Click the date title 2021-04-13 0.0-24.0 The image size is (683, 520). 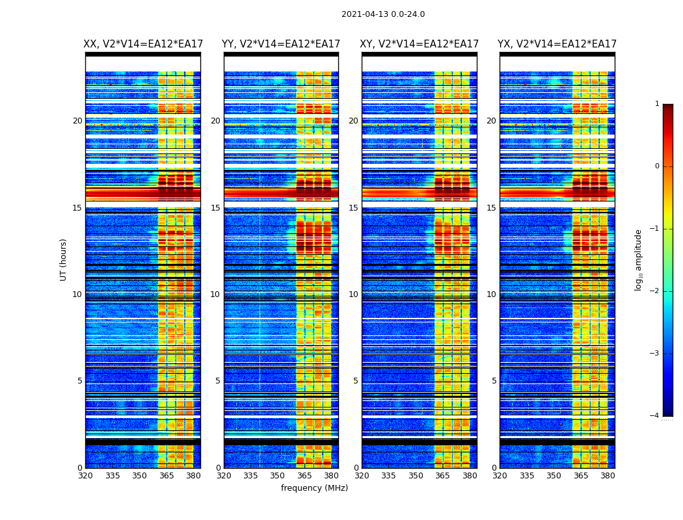tap(383, 14)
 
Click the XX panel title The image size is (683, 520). tap(143, 44)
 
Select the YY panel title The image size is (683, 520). tap(281, 44)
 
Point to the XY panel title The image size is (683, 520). tap(420, 44)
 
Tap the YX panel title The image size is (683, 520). tap(557, 44)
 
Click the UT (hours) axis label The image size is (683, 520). tap(63, 259)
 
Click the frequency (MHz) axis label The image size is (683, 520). tap(314, 488)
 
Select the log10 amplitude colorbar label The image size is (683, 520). tap(639, 259)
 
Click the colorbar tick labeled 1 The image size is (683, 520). tap(656, 104)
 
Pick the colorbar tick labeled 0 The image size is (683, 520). tap(656, 166)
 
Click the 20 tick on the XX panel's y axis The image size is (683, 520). tap(77, 121)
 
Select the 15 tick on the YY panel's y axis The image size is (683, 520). tap(215, 208)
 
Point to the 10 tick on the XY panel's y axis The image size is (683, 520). tap(353, 294)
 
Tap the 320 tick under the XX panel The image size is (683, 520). tap(85, 476)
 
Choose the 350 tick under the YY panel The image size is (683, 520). tap(278, 476)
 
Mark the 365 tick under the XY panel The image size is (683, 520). tap(442, 476)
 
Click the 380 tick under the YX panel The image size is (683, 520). tap(608, 476)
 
